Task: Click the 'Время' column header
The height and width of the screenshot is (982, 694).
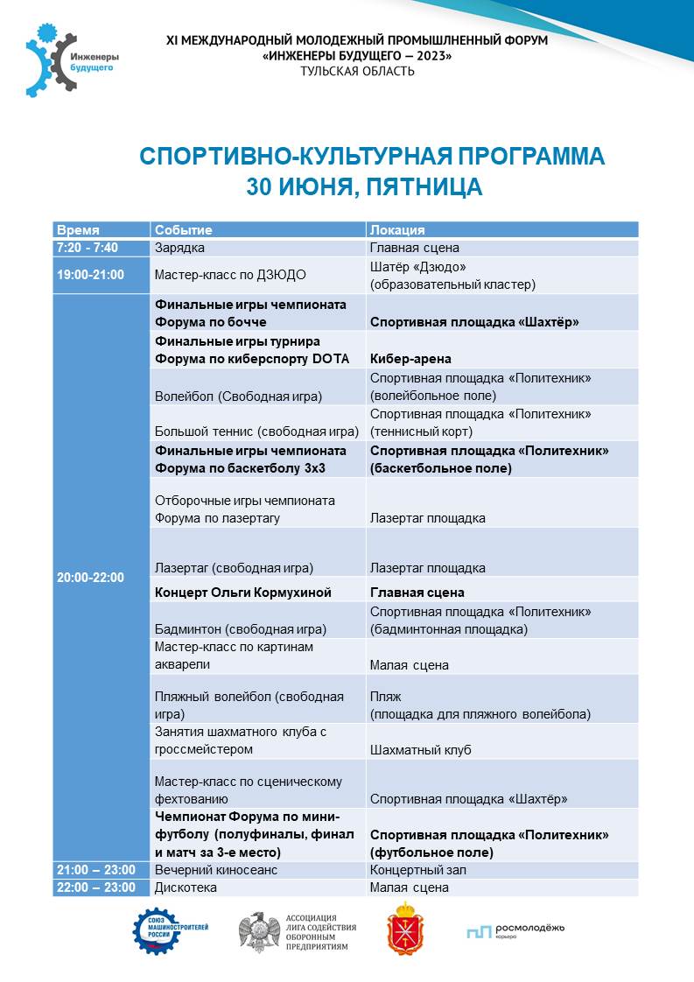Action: coord(78,230)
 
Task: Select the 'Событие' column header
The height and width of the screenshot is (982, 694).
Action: coord(184,230)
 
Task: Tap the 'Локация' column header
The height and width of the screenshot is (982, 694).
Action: coord(397,230)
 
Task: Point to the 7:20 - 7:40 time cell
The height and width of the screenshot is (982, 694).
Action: coord(87,248)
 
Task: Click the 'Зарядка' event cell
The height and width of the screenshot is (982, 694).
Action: coord(179,248)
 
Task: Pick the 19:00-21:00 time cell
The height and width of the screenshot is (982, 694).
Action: coord(90,275)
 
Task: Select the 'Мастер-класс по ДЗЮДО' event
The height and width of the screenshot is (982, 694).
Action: coord(230,275)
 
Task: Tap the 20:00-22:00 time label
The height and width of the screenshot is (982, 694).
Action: coord(90,578)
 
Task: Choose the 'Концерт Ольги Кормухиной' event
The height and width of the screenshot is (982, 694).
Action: coord(243,593)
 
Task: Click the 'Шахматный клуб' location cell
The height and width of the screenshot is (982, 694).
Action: coord(421,750)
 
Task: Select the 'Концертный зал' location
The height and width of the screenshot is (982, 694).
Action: coord(418,870)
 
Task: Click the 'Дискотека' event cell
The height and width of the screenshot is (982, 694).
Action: coord(186,887)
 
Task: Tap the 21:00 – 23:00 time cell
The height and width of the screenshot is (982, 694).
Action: coord(95,870)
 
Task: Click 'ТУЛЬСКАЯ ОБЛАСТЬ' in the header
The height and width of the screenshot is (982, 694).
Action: coord(357,72)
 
